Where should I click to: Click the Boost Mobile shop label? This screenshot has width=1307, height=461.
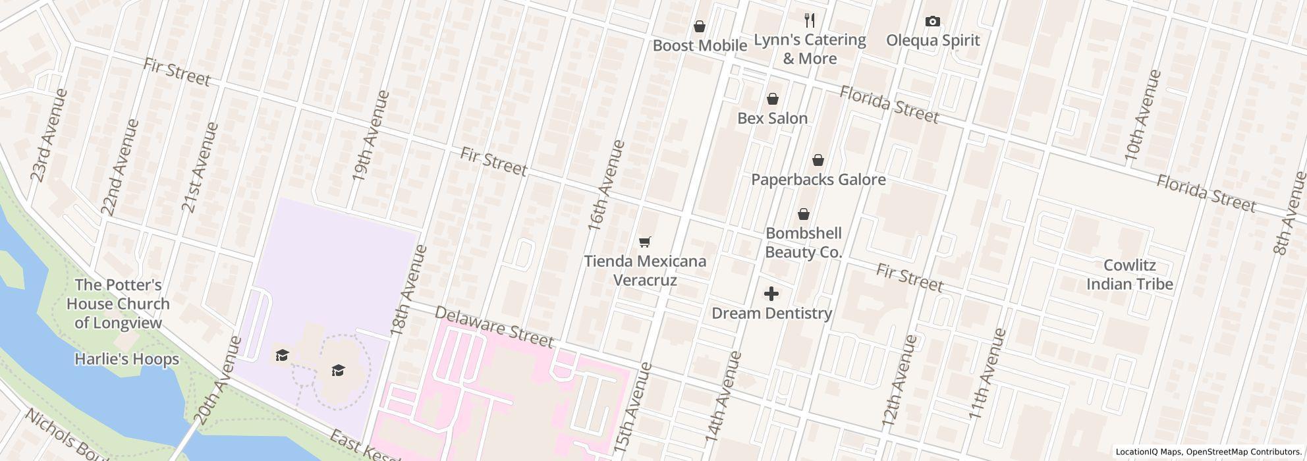click(700, 45)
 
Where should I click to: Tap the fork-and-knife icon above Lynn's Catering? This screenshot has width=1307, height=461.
click(810, 20)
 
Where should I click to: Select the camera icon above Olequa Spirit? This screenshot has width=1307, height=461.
click(932, 22)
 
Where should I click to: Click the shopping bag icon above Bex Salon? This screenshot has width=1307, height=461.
click(772, 99)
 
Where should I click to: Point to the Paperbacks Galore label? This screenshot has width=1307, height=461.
click(818, 180)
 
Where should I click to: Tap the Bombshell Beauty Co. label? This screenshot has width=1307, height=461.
click(803, 242)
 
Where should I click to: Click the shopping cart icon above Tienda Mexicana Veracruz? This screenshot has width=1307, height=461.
click(645, 242)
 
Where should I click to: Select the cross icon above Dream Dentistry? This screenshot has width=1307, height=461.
click(771, 294)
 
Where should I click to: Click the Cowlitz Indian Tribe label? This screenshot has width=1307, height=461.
click(1129, 275)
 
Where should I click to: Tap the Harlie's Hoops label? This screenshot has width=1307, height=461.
click(126, 360)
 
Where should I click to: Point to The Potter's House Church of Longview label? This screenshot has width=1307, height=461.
click(118, 304)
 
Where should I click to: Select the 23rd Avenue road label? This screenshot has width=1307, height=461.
click(49, 136)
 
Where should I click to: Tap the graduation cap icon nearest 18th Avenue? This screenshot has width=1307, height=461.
click(338, 371)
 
